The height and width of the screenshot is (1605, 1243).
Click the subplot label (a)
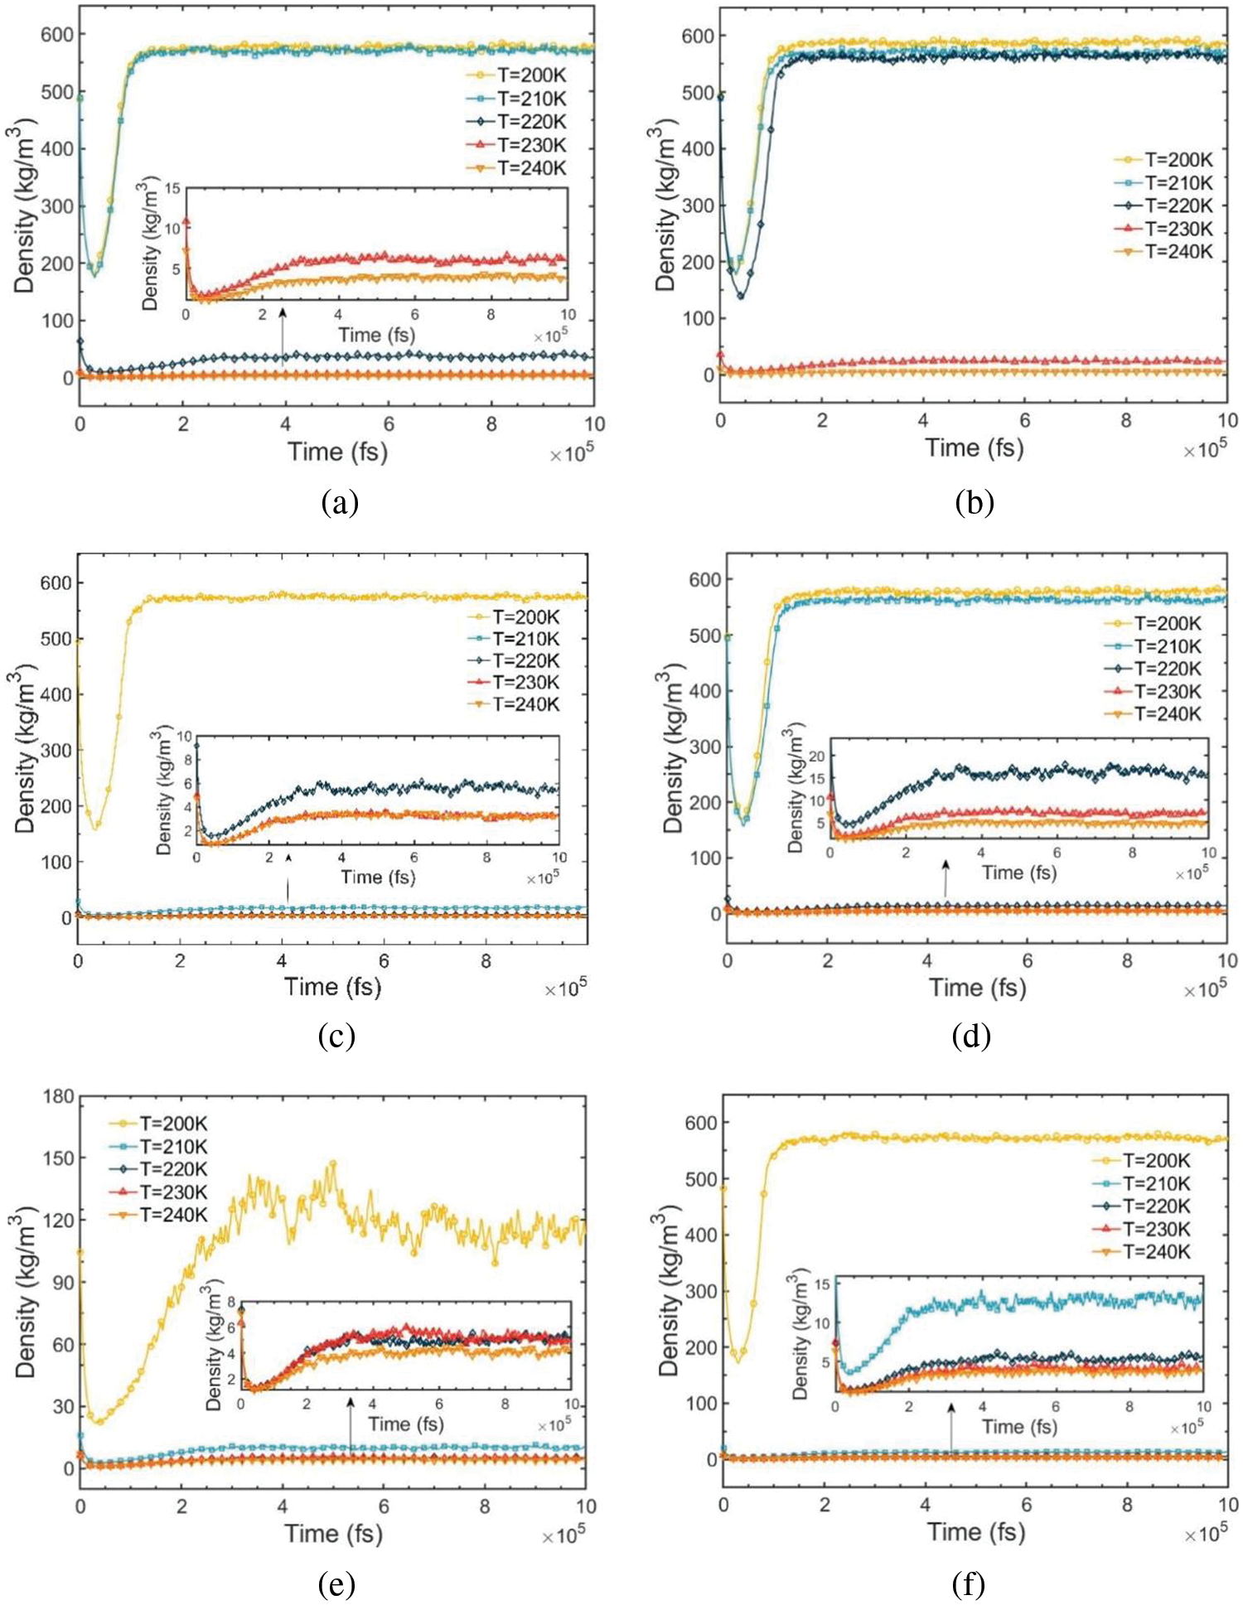(x=340, y=502)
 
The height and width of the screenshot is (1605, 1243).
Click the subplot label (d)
(x=971, y=1036)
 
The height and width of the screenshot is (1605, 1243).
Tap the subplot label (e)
(x=336, y=1584)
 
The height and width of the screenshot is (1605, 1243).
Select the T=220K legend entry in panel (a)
(x=517, y=122)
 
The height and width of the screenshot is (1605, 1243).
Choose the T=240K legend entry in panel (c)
(x=514, y=704)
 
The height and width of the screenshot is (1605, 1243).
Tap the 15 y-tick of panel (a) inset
(x=172, y=189)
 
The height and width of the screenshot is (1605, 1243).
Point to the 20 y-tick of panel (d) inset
(x=816, y=756)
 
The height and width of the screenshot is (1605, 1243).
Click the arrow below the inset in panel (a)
(x=283, y=336)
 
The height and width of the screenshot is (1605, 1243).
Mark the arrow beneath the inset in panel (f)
(x=951, y=1426)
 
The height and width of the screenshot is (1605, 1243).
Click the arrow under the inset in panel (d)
(x=946, y=878)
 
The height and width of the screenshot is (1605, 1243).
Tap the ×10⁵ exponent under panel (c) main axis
(x=565, y=989)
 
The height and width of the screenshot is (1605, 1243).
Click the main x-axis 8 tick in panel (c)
(x=486, y=961)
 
